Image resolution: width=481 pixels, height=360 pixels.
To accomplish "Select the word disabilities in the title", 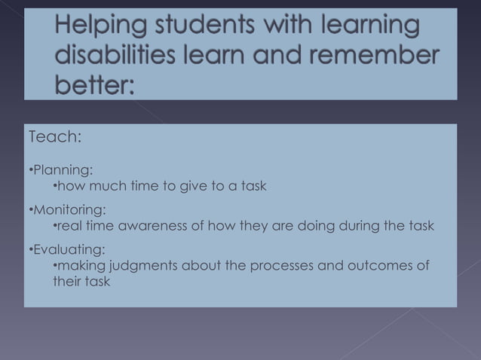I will [112, 58].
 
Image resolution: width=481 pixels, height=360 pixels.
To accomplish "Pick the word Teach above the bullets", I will [54, 138].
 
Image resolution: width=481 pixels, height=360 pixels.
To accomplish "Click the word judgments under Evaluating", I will [144, 266].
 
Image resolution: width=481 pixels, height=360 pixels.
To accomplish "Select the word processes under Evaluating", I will [275, 266].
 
